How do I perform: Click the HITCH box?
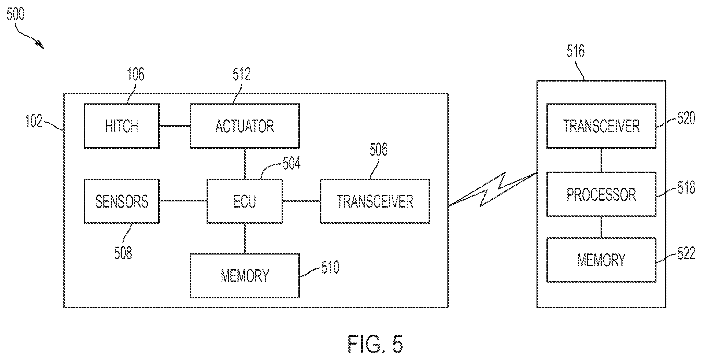tap(122, 126)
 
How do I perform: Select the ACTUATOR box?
tap(245, 126)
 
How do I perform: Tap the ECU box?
tap(245, 201)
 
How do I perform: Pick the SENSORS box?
tap(122, 201)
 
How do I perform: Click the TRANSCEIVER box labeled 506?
tap(375, 201)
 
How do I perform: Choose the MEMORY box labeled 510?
tap(245, 275)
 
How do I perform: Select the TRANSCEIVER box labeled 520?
tap(601, 126)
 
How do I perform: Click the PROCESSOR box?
tap(601, 194)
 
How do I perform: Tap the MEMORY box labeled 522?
tap(601, 260)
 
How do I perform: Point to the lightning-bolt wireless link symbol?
tap(493, 190)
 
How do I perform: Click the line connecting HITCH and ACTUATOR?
tap(175, 126)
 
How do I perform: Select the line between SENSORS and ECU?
tap(183, 201)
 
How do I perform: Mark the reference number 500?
tap(16, 15)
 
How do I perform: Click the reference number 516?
tap(576, 50)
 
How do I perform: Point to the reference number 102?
tap(34, 121)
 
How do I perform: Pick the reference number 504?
tap(292, 164)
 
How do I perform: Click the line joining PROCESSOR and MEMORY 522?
tap(601, 227)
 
